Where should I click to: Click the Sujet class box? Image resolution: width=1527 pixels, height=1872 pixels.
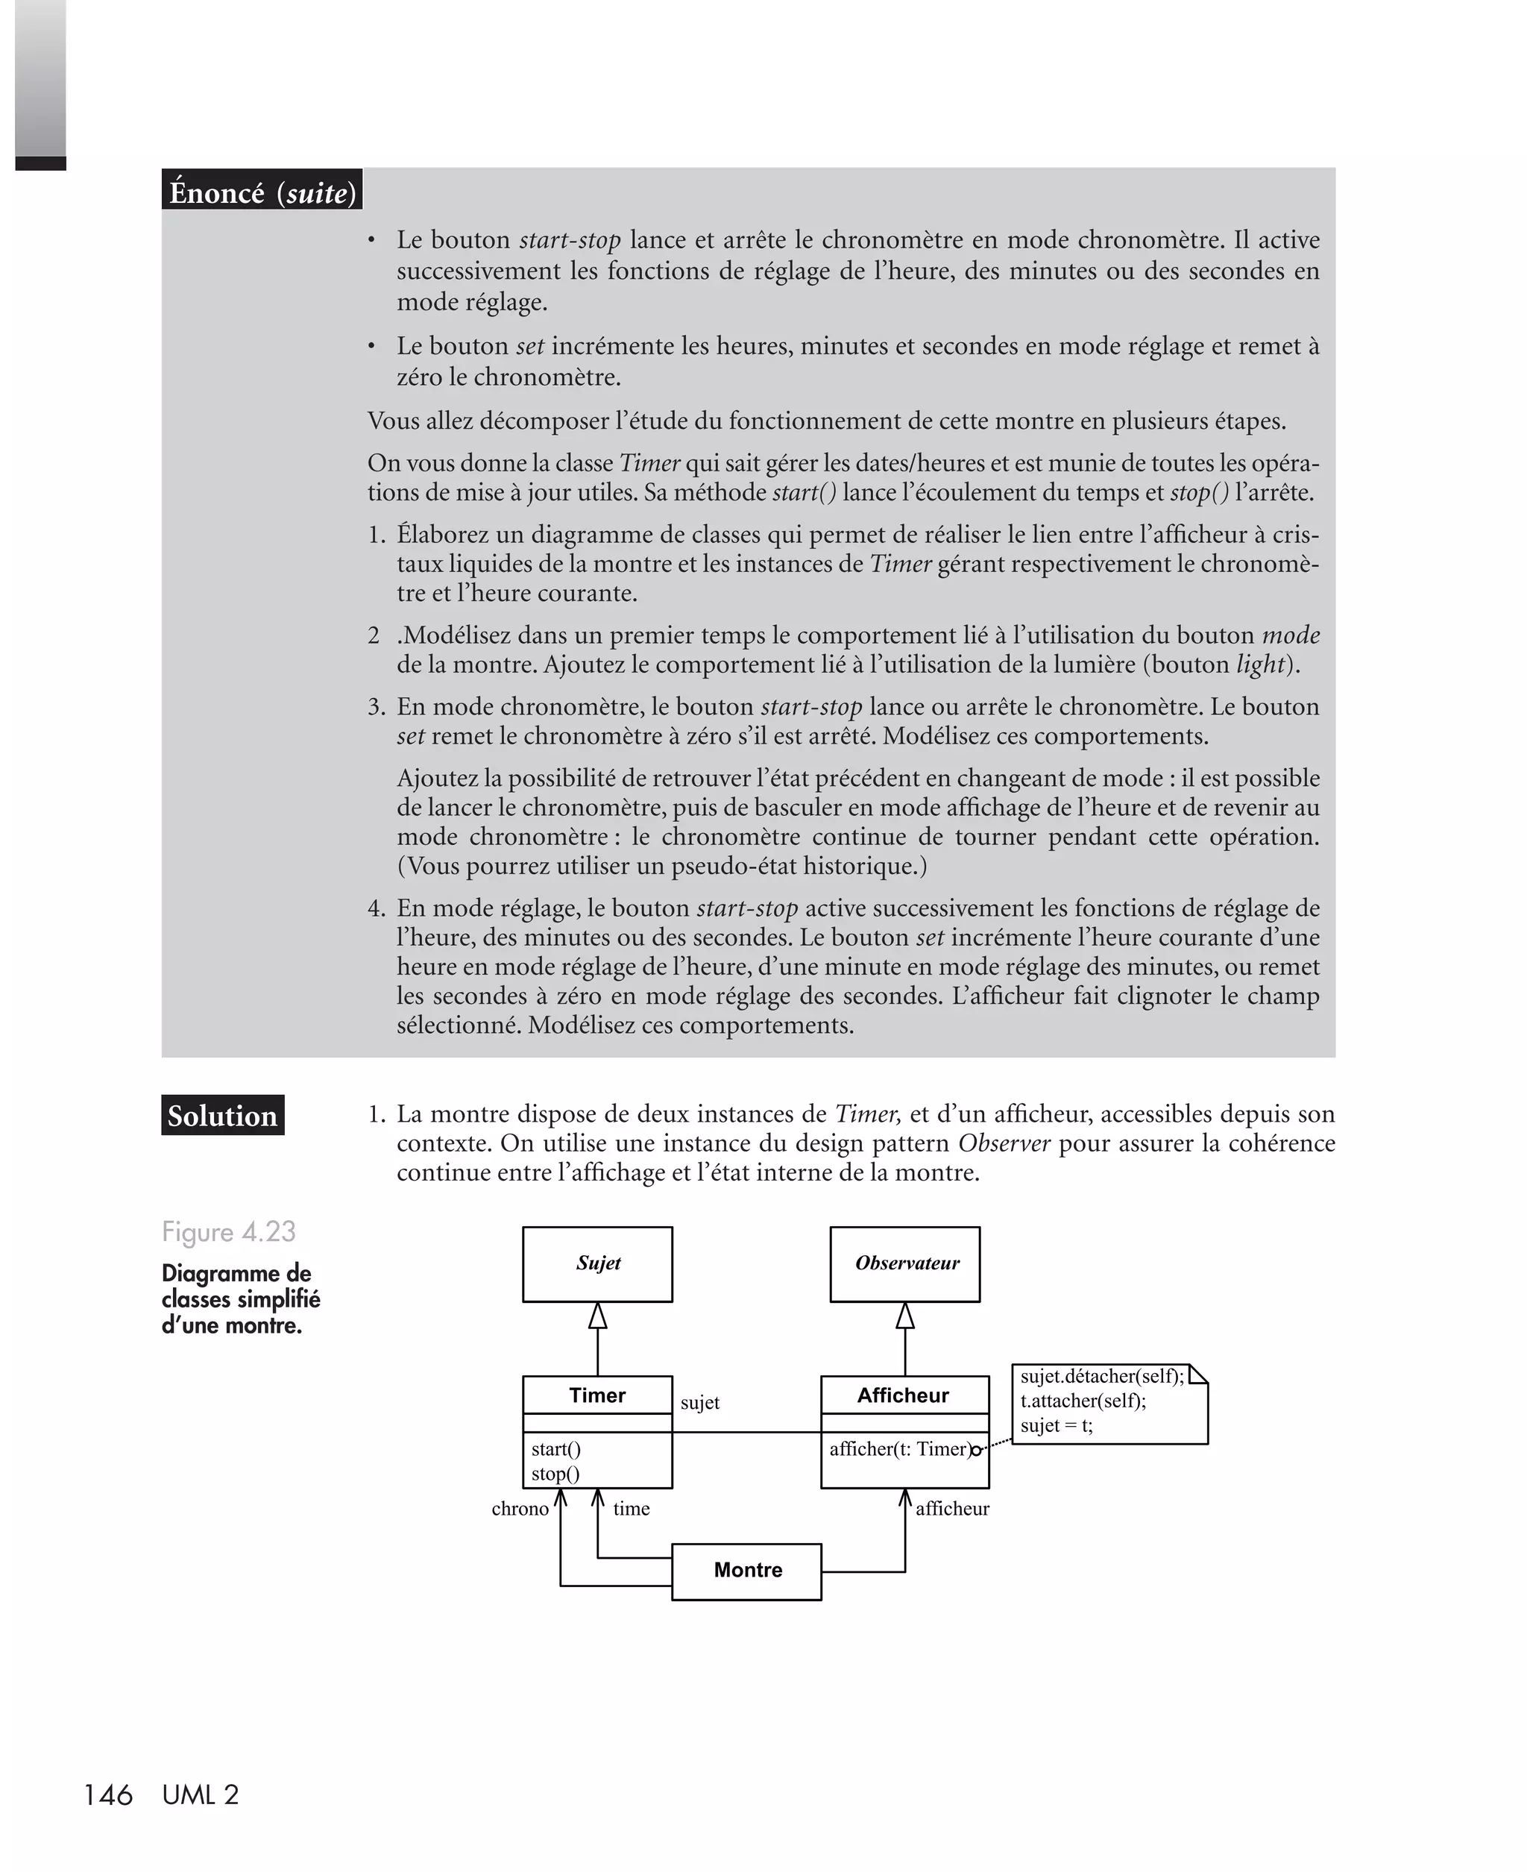[x=597, y=1263]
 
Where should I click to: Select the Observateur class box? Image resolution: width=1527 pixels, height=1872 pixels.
[x=904, y=1263]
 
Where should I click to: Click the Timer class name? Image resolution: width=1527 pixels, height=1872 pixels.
[x=597, y=1395]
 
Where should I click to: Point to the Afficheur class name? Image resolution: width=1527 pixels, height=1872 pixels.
[x=904, y=1395]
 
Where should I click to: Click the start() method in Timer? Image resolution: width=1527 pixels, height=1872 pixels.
[x=556, y=1449]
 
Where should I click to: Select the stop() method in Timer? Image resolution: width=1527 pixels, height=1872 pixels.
[x=555, y=1474]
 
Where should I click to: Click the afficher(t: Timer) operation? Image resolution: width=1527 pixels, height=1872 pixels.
[x=899, y=1449]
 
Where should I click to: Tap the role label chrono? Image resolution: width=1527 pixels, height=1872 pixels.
[x=520, y=1509]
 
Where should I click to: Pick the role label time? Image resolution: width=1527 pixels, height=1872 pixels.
[x=631, y=1509]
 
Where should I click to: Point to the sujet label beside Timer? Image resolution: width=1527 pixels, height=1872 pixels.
[x=699, y=1403]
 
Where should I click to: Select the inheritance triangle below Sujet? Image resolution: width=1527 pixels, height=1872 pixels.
[x=597, y=1316]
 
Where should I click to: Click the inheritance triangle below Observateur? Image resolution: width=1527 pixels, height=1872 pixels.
[x=904, y=1316]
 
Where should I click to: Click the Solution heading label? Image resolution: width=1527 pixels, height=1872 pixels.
[x=222, y=1116]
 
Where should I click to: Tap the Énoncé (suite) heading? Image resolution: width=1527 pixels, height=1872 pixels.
[x=262, y=192]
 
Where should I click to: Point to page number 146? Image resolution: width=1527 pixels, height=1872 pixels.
[x=107, y=1794]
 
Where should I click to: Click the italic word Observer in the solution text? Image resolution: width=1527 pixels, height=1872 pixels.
[x=1004, y=1143]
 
